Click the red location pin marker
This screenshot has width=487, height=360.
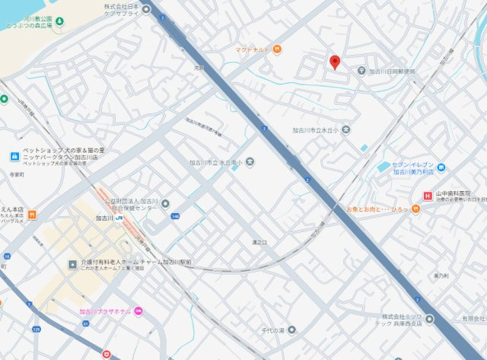[x=334, y=62]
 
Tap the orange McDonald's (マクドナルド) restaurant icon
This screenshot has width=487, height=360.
[x=277, y=50]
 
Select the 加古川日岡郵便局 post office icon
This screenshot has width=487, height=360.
[x=362, y=71]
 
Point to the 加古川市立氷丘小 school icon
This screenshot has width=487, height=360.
[x=346, y=130]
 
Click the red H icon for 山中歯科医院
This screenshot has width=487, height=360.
[x=428, y=196]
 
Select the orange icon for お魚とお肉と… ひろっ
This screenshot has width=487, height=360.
[x=415, y=209]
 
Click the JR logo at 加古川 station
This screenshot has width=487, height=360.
[x=121, y=218]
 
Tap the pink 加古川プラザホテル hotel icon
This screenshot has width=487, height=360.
[x=138, y=311]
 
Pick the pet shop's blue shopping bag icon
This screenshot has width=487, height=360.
[x=14, y=156]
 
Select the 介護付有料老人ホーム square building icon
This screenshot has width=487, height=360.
[x=73, y=264]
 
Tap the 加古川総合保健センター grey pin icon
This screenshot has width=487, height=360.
[x=166, y=203]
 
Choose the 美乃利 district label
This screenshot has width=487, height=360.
[x=441, y=276]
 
